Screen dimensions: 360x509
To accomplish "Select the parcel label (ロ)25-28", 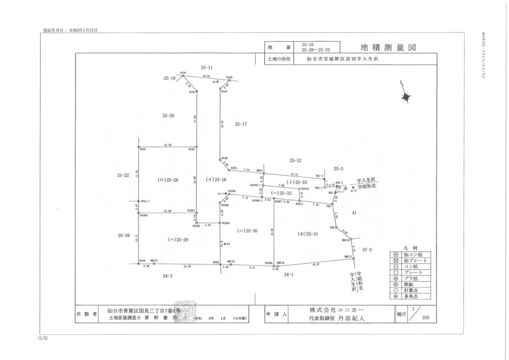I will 168,179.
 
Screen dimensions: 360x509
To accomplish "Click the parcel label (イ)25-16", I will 216,179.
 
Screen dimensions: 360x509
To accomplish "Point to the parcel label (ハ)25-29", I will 178,240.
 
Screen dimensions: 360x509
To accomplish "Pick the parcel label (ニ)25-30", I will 247,231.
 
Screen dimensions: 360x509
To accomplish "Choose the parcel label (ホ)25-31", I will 308,233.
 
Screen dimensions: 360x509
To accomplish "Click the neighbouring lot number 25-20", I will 169,115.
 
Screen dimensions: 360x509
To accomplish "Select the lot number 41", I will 354,212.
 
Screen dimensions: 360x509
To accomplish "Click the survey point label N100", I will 183,73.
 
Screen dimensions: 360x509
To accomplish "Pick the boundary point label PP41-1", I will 145,201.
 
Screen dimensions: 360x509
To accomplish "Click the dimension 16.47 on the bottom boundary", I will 315,264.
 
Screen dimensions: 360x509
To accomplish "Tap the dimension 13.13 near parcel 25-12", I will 294,174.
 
